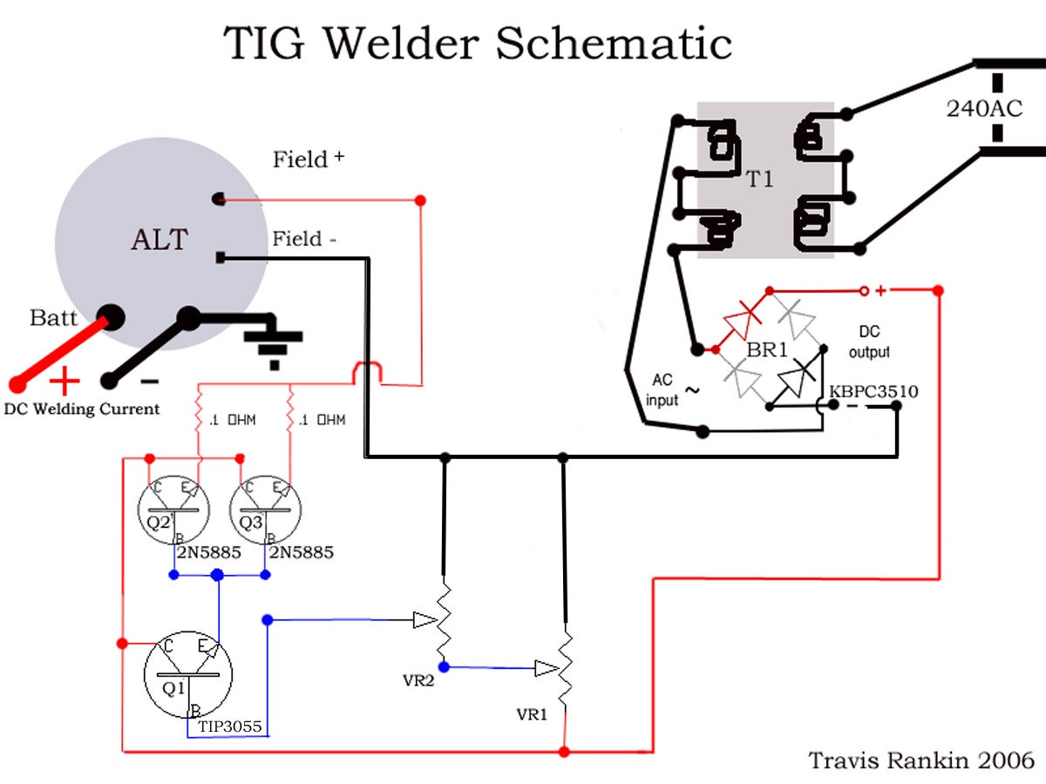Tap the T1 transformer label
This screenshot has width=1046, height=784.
[759, 180]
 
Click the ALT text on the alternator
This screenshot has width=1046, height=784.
[160, 240]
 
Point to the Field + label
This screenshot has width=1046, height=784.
[308, 159]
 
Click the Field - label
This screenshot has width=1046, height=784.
[304, 239]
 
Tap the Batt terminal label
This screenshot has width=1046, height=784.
[54, 317]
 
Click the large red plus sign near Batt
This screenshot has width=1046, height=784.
[65, 382]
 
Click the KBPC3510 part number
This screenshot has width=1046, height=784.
[873, 391]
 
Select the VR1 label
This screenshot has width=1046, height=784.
[531, 714]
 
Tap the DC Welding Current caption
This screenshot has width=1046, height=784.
[82, 409]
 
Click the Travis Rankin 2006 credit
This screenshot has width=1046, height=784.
[921, 760]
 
